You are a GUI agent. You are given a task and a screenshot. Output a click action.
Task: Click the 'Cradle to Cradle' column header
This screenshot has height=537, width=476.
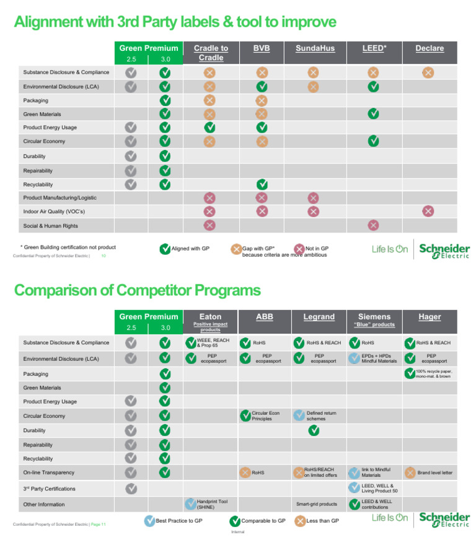click(211, 53)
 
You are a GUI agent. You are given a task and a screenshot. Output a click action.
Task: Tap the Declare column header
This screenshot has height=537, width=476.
click(430, 48)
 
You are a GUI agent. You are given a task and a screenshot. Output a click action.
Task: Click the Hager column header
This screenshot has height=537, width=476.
click(430, 317)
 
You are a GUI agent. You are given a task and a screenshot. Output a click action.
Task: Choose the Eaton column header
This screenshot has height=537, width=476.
click(210, 317)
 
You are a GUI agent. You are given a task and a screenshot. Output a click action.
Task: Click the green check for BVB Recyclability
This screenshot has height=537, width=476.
click(262, 184)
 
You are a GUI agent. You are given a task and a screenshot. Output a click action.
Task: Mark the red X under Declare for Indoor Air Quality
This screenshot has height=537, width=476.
click(428, 211)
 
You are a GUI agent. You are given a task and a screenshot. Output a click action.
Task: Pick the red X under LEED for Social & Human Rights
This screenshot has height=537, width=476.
click(373, 225)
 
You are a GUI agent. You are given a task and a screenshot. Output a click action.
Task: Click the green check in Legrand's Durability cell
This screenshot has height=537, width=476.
click(314, 430)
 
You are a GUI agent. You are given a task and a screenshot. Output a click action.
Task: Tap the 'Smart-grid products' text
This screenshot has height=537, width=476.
click(317, 504)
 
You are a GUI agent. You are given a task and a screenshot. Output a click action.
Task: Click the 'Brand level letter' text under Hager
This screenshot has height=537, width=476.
click(434, 473)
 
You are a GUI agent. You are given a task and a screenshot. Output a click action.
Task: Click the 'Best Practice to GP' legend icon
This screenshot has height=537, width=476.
click(149, 521)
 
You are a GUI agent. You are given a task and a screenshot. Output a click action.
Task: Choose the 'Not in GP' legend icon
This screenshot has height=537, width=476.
click(300, 249)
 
